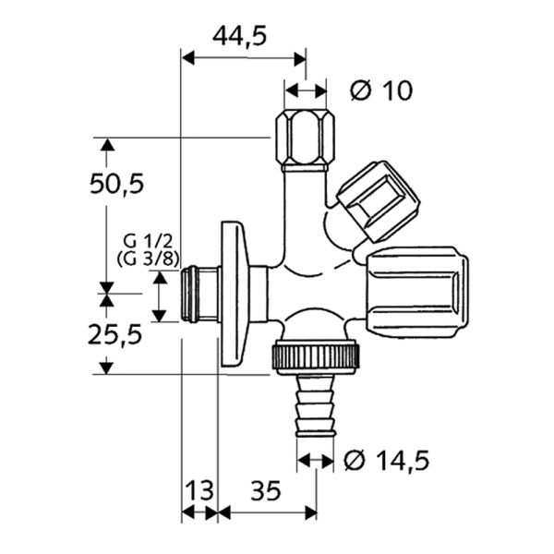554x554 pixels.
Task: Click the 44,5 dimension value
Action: click(240, 35)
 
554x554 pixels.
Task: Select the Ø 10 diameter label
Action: click(381, 90)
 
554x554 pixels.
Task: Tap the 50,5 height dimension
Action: click(116, 184)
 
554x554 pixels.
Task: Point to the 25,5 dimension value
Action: click(116, 334)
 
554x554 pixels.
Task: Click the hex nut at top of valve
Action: click(304, 138)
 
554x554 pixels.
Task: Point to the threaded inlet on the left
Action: click(199, 295)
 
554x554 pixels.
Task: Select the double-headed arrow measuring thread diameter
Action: click(159, 295)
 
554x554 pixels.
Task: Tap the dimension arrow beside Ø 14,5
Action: click(315, 459)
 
